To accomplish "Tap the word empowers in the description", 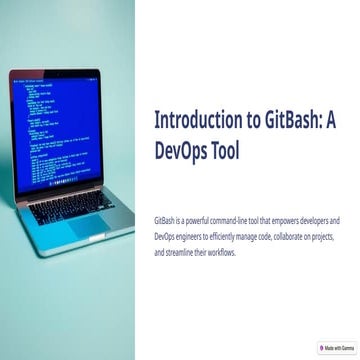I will [x=288, y=218].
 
